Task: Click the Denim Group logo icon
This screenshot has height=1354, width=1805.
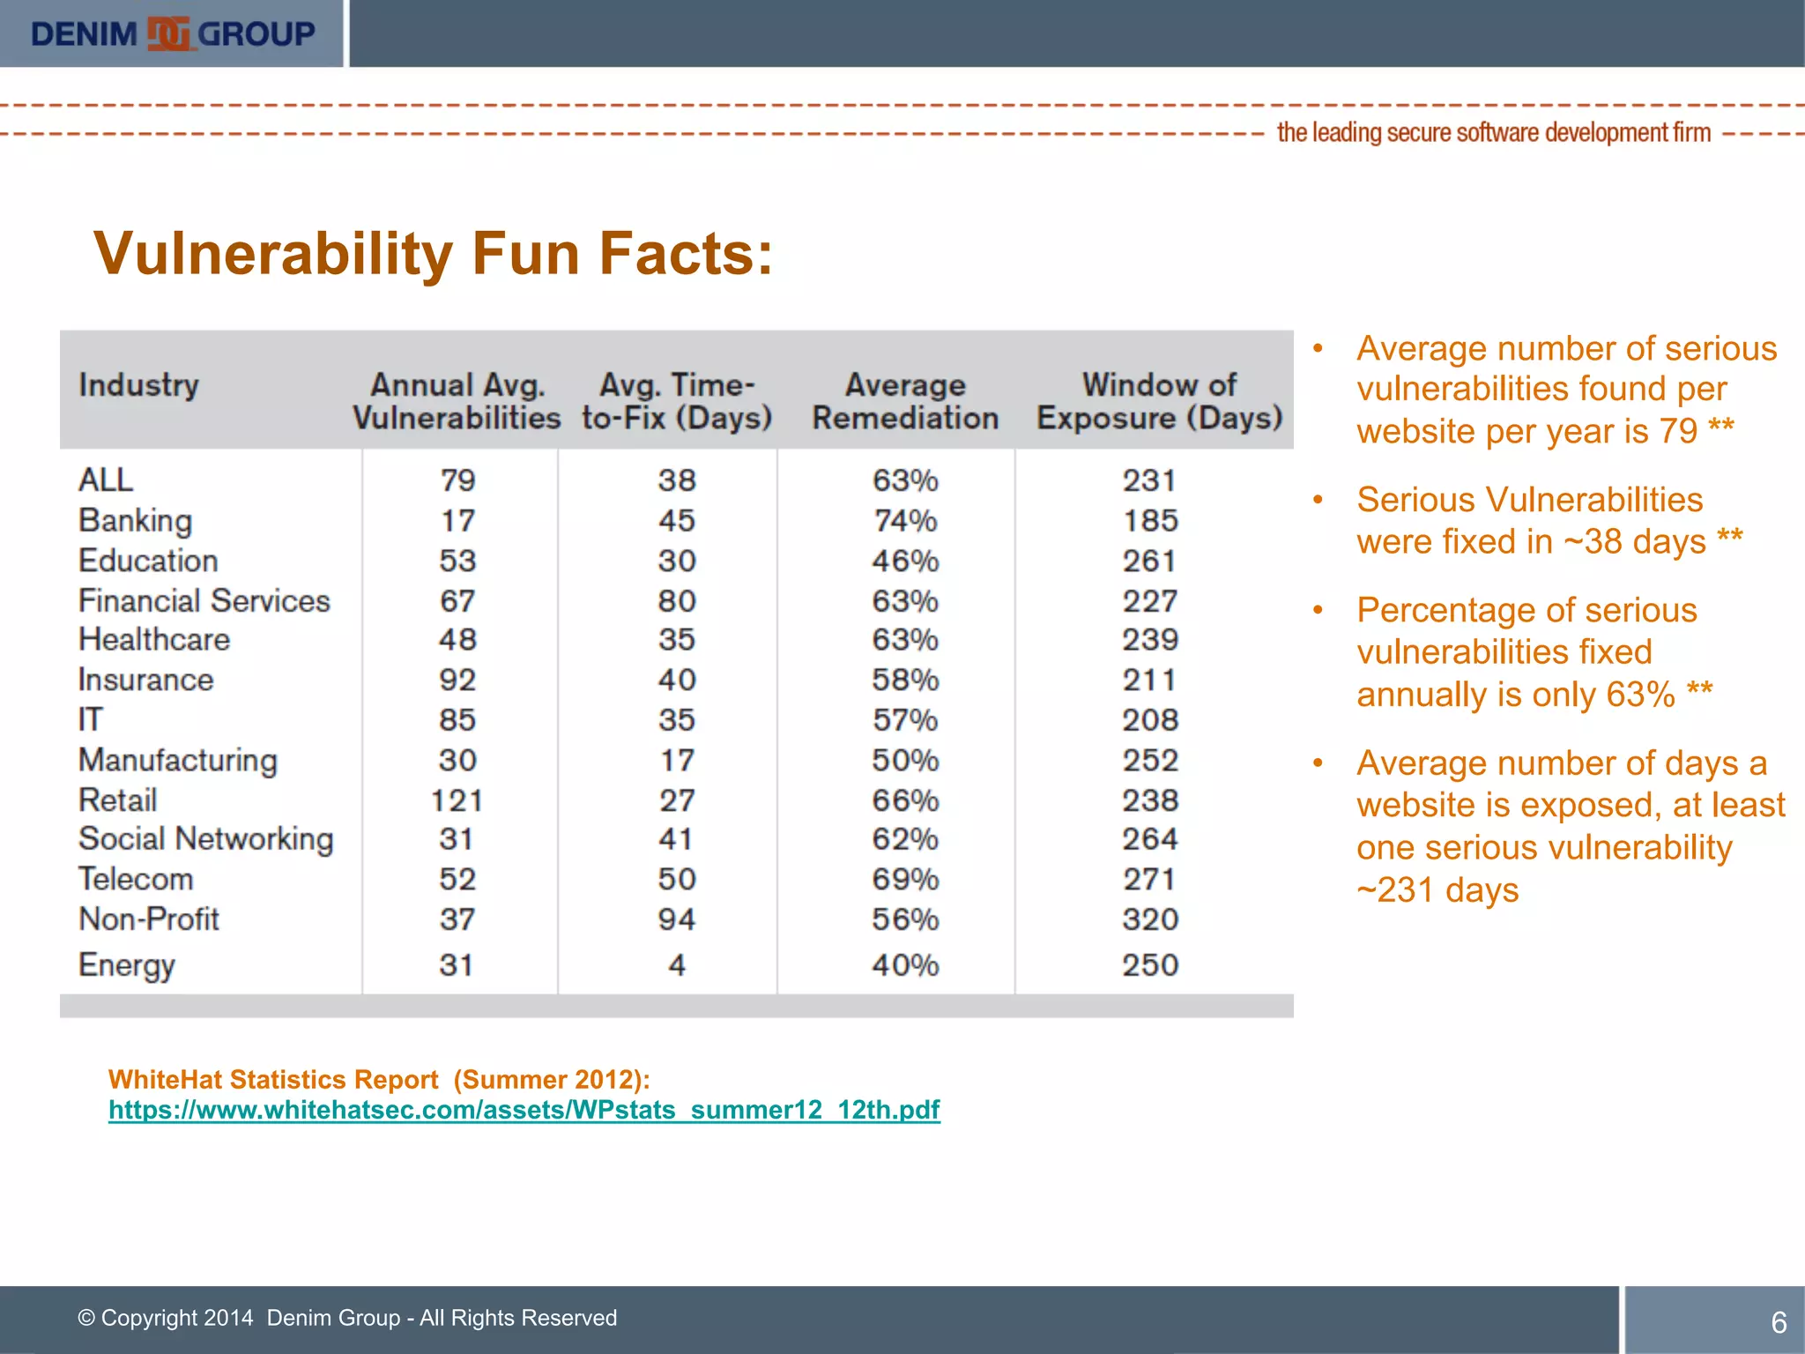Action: coord(168,33)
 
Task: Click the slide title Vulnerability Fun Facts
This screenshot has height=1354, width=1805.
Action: coord(433,254)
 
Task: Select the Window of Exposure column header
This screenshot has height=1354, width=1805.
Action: coord(1159,401)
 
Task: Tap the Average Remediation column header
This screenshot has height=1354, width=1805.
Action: coord(905,401)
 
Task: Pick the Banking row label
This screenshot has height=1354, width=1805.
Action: coord(135,520)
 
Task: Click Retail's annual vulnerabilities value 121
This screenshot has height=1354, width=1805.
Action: coord(457,800)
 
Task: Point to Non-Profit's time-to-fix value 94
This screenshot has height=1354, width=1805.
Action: coord(676,919)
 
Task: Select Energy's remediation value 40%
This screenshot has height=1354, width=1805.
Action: coord(905,965)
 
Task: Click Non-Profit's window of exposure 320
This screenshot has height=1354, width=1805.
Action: coord(1150,919)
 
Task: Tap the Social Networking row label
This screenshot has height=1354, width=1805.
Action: coord(205,839)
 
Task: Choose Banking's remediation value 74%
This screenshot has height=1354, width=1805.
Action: coord(905,520)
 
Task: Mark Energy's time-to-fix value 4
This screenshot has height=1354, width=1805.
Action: coord(676,965)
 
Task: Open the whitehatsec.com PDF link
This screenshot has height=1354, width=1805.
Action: coord(524,1110)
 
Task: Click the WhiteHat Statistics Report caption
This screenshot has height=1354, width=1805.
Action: coord(379,1080)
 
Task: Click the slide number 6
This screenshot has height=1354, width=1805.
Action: coord(1779,1322)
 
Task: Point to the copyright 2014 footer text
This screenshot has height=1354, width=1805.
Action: coord(347,1318)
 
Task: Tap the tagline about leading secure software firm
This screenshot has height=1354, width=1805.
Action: coord(1493,133)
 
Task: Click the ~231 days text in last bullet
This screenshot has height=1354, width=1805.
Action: coord(1437,890)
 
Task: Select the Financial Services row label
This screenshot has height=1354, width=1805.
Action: coord(204,601)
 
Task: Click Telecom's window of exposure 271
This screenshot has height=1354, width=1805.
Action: coord(1150,879)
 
